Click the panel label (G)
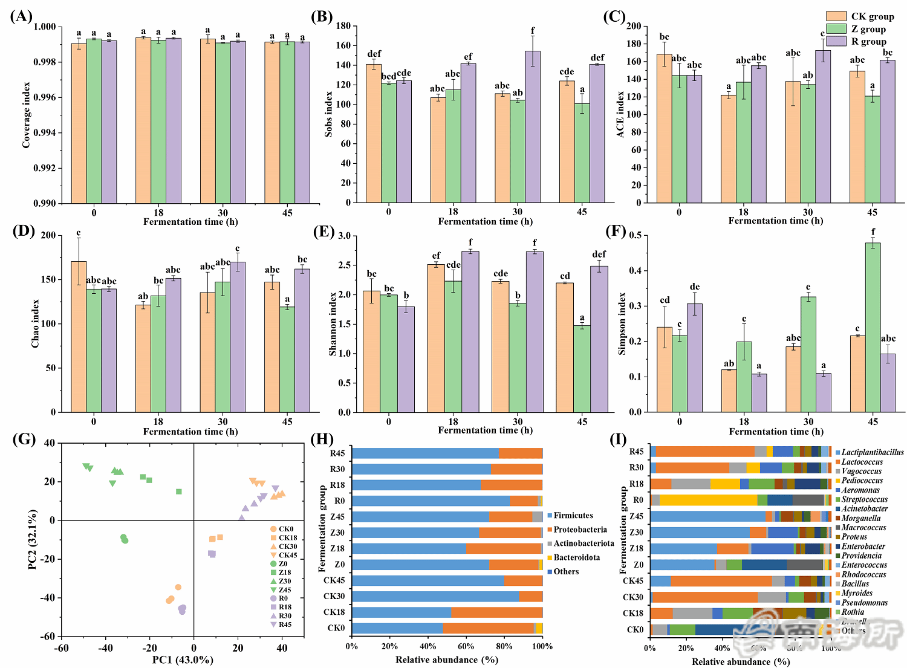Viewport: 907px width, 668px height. (x=24, y=439)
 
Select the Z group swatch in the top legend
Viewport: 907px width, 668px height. (x=836, y=29)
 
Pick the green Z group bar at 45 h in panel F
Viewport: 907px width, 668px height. (x=873, y=327)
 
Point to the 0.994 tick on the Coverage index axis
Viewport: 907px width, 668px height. (x=44, y=133)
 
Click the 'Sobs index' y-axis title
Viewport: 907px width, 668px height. (x=329, y=114)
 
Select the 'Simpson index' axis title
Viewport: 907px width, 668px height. (x=622, y=323)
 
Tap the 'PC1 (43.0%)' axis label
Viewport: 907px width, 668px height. (x=183, y=660)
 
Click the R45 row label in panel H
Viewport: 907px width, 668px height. (x=337, y=453)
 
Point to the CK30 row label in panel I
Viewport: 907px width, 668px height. (x=633, y=597)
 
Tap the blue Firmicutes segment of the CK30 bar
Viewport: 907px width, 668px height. (x=435, y=597)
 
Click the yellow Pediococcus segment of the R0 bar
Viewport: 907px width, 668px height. (x=708, y=500)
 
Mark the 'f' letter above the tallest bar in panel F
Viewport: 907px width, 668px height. (x=873, y=232)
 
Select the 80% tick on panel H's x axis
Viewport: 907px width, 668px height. (x=504, y=646)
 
